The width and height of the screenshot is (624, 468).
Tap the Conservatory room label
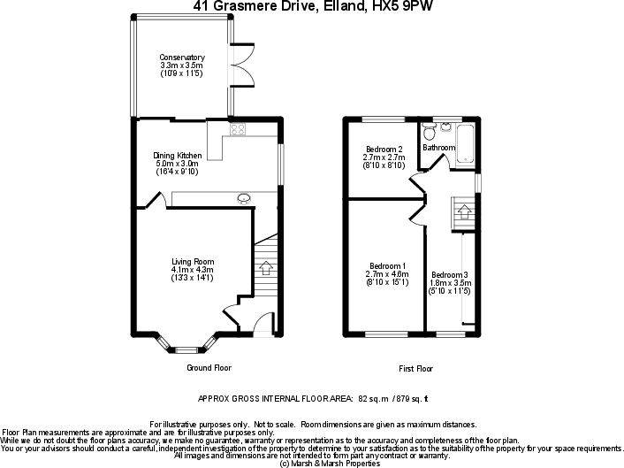(182, 58)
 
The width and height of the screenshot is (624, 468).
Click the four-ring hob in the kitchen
(238, 129)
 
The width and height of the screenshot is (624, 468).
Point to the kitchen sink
(244, 197)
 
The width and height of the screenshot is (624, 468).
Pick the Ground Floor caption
(209, 367)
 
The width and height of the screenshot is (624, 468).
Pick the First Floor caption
(415, 367)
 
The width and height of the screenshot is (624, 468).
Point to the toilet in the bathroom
(430, 134)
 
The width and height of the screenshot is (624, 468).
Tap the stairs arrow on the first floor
(462, 212)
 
